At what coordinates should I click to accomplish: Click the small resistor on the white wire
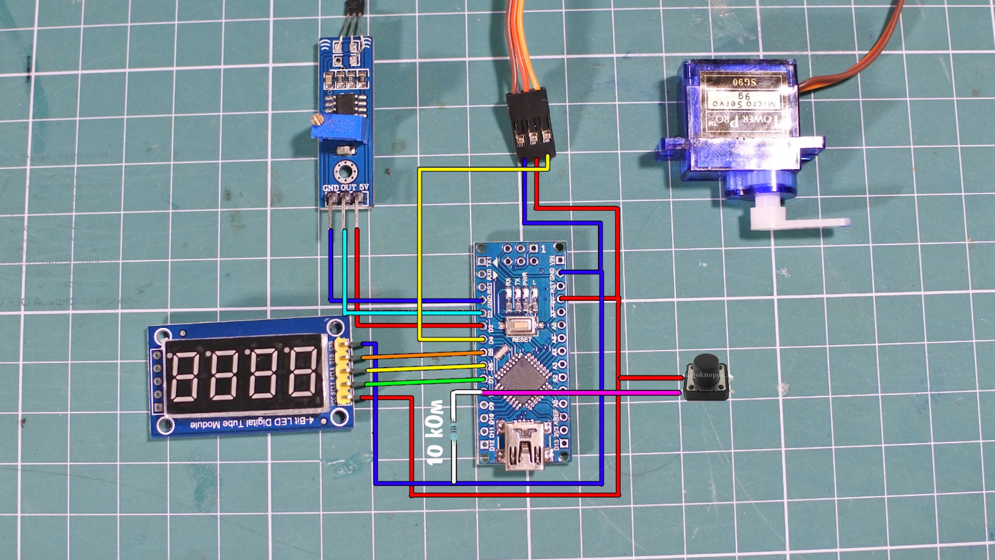coord(454,431)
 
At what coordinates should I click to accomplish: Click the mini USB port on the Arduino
coord(524,449)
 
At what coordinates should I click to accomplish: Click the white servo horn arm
coord(798,221)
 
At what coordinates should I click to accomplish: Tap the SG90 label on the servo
coord(744,82)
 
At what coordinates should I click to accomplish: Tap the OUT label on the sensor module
coord(348,188)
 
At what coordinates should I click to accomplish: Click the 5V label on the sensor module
coord(364,187)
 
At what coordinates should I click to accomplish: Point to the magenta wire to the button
coord(580,393)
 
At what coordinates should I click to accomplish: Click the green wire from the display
coord(425,382)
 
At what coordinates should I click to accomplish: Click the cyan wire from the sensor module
coord(415,313)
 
